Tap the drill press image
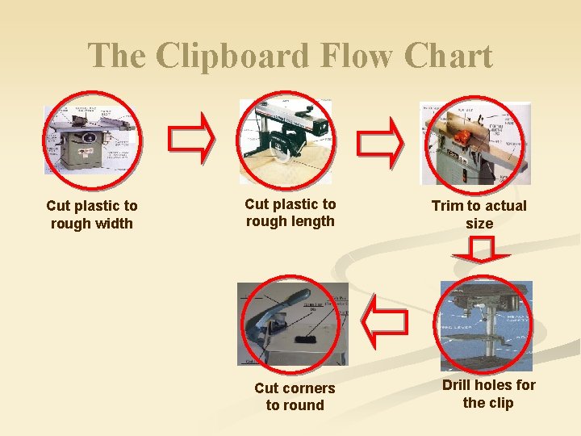click(x=486, y=325)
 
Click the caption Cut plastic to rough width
click(x=92, y=215)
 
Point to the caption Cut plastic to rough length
click(x=290, y=212)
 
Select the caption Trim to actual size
click(x=479, y=215)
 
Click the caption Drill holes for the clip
click(x=488, y=394)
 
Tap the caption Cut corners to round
click(x=295, y=396)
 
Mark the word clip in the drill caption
click(x=499, y=403)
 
